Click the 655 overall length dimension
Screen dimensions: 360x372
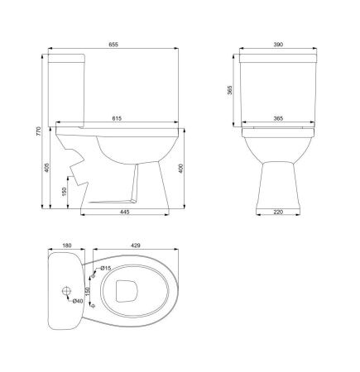pyautogui.click(x=113, y=45)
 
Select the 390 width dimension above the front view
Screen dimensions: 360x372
pyautogui.click(x=278, y=45)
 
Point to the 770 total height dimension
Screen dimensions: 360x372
pyautogui.click(x=38, y=131)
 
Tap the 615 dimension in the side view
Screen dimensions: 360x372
pyautogui.click(x=117, y=118)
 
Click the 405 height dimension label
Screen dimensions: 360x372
pyautogui.click(x=46, y=168)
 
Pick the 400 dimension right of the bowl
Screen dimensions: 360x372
pyautogui.click(x=181, y=168)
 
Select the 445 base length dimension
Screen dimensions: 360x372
pyautogui.click(x=124, y=212)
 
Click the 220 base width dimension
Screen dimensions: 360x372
pyautogui.click(x=278, y=212)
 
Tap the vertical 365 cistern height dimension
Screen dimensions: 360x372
pyautogui.click(x=230, y=90)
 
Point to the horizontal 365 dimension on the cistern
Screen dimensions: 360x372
pyautogui.click(x=278, y=118)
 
